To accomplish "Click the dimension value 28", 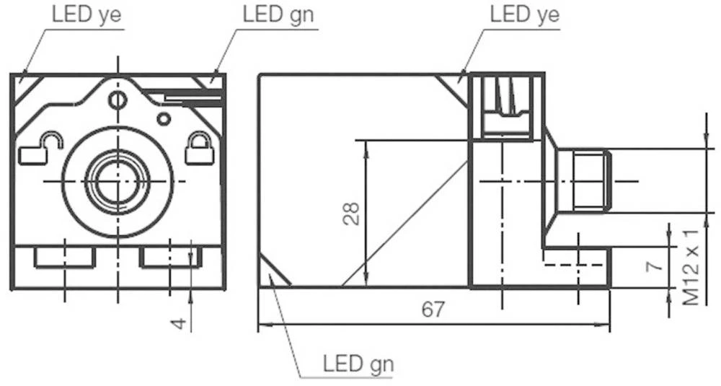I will click(x=351, y=213).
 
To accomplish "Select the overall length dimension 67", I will click(x=433, y=310).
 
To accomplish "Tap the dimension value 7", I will click(x=653, y=264).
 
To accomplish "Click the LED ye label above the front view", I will click(x=86, y=14).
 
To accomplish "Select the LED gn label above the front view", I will click(x=278, y=14).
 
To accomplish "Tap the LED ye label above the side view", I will click(x=524, y=14).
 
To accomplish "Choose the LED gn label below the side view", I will click(x=358, y=363).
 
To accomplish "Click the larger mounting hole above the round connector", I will click(x=116, y=100).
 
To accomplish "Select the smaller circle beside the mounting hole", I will click(x=164, y=118).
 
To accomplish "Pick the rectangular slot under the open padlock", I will click(x=65, y=258).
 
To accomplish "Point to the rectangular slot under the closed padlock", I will click(x=169, y=258).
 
